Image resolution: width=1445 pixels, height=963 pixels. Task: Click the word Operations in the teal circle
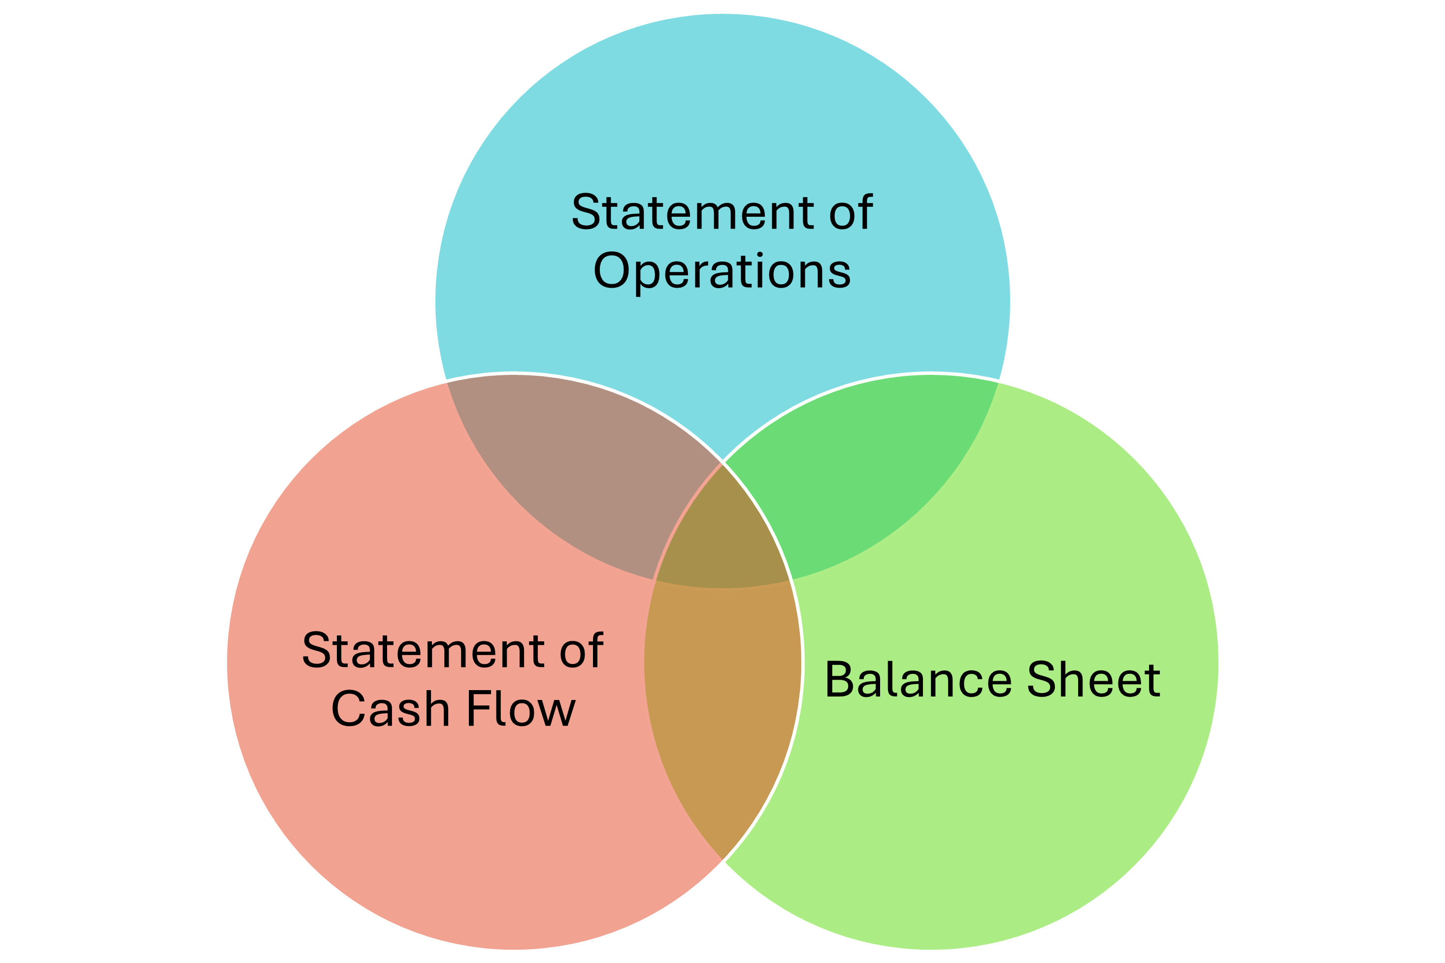tap(722, 271)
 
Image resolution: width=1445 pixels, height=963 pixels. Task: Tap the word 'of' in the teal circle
tap(851, 212)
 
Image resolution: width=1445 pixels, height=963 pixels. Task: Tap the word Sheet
tap(1094, 680)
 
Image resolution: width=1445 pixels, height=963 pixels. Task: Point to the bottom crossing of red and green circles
tap(722, 862)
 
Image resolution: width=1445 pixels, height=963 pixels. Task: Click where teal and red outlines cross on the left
tap(445, 381)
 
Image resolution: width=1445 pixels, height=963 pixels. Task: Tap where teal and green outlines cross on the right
tap(1000, 381)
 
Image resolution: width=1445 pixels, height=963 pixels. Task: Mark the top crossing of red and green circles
tap(722, 462)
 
